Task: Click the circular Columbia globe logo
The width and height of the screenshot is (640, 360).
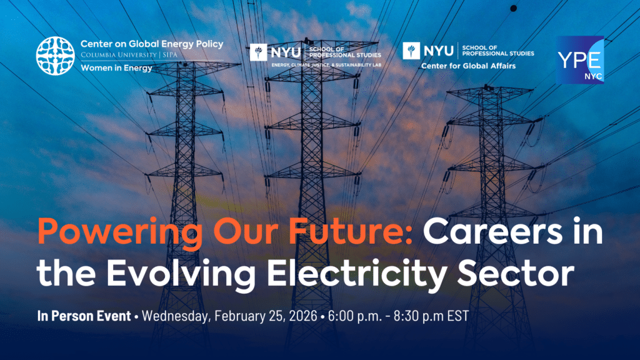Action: pyautogui.click(x=56, y=56)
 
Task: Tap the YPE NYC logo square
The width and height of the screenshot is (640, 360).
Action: pyautogui.click(x=579, y=60)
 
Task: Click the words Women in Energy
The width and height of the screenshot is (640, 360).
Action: pyautogui.click(x=116, y=68)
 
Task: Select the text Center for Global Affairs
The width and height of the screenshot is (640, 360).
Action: pyautogui.click(x=468, y=66)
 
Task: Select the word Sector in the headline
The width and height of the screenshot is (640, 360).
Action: pyautogui.click(x=516, y=273)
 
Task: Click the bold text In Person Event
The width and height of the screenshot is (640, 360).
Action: pyautogui.click(x=84, y=316)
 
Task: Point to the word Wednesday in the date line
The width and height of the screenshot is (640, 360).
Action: pyautogui.click(x=176, y=316)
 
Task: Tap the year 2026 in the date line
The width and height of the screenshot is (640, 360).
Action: pyautogui.click(x=302, y=316)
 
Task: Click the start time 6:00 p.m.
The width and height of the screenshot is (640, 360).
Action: pyautogui.click(x=355, y=316)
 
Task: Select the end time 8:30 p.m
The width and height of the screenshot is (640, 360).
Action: pyautogui.click(x=419, y=316)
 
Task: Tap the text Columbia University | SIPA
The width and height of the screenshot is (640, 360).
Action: pyautogui.click(x=129, y=55)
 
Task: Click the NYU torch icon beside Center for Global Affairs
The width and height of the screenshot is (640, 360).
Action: pyautogui.click(x=411, y=51)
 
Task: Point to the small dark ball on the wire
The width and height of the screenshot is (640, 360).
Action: pyautogui.click(x=514, y=8)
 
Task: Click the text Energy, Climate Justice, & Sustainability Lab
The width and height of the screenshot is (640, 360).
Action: pyautogui.click(x=326, y=65)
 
